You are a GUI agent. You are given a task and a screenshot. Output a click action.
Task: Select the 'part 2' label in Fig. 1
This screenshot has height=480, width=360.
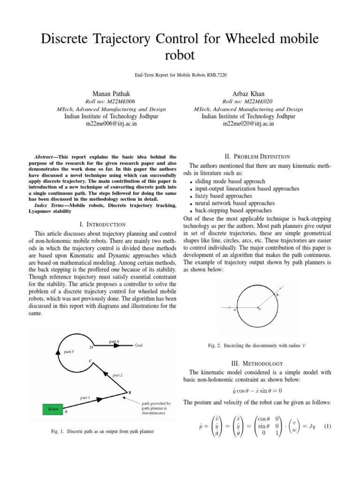pyautogui.click(x=118, y=375)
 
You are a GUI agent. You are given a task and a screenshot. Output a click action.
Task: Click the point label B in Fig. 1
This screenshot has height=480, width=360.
pyautogui.click(x=129, y=392)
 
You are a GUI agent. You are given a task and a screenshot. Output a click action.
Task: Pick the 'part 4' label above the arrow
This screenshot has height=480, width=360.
pyautogui.click(x=114, y=341)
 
